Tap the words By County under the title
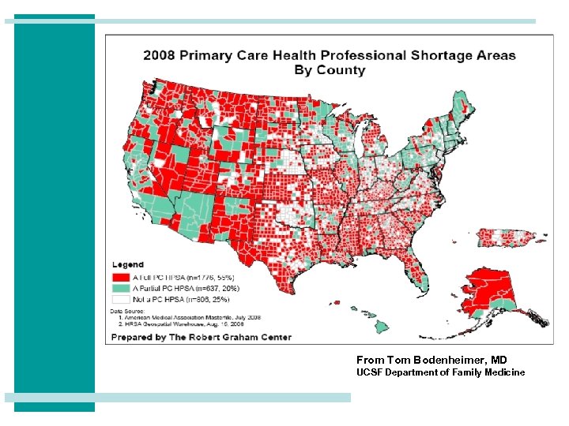(330, 70)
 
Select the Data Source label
(126, 312)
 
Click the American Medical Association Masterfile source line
(179, 317)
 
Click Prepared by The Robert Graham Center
(201, 337)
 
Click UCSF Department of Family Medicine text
(440, 372)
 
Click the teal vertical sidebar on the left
(55, 213)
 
